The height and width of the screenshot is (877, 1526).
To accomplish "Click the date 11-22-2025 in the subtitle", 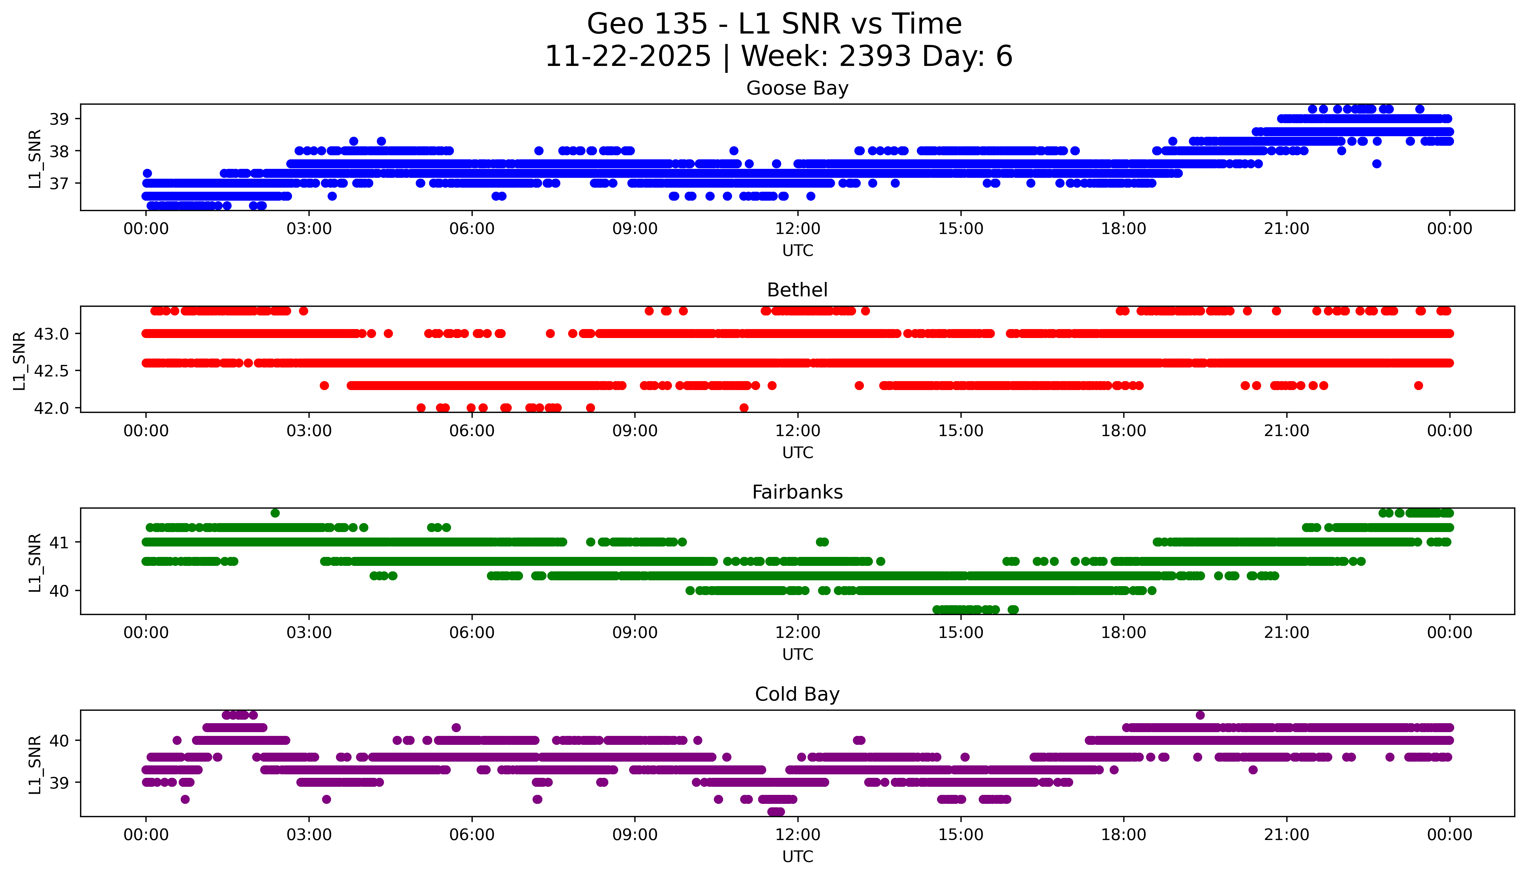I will point(628,57).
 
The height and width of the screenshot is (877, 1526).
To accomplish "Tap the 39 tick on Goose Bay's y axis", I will point(59,119).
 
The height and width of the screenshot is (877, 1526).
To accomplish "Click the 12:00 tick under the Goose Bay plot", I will point(797,229).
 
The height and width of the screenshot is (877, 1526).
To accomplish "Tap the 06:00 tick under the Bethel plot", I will point(472,431).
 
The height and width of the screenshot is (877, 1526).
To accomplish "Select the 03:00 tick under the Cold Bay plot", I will point(309,835).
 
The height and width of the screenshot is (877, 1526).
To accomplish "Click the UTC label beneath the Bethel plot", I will point(797,453).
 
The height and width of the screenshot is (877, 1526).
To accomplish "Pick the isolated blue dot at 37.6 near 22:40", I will point(1377,164).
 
